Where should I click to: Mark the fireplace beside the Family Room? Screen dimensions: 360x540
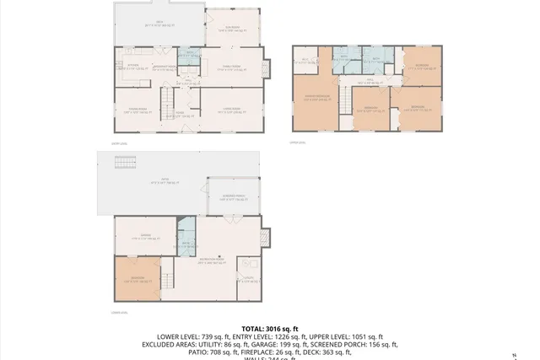(x=268, y=67)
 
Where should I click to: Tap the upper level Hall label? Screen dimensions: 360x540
(x=370, y=82)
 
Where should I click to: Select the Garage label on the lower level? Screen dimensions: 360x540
(x=145, y=235)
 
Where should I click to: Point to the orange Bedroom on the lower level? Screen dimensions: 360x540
(x=136, y=277)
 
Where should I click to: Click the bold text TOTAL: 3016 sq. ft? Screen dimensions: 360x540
(x=270, y=328)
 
